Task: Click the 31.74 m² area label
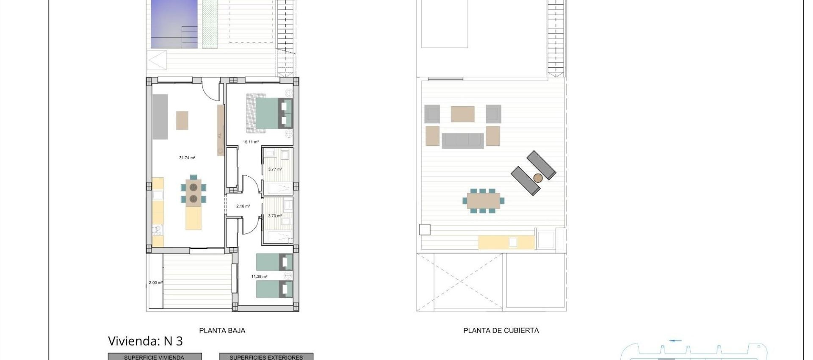(187, 158)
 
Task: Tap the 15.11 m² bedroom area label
(251, 142)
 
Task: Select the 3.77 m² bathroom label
(275, 169)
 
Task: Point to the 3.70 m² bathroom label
(275, 216)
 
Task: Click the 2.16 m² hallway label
(243, 206)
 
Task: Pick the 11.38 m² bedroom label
(259, 277)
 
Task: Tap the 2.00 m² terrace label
(155, 282)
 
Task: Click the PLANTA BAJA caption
(222, 330)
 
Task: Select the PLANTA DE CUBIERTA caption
(501, 330)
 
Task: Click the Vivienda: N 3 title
(145, 341)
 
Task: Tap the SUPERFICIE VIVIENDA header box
(155, 357)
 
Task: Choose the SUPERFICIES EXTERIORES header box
(266, 357)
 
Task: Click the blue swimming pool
(174, 23)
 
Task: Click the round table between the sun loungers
(538, 178)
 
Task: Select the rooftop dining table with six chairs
(484, 201)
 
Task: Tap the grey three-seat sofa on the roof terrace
(462, 140)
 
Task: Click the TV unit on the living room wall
(220, 130)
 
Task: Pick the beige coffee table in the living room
(182, 120)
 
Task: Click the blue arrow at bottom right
(676, 341)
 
